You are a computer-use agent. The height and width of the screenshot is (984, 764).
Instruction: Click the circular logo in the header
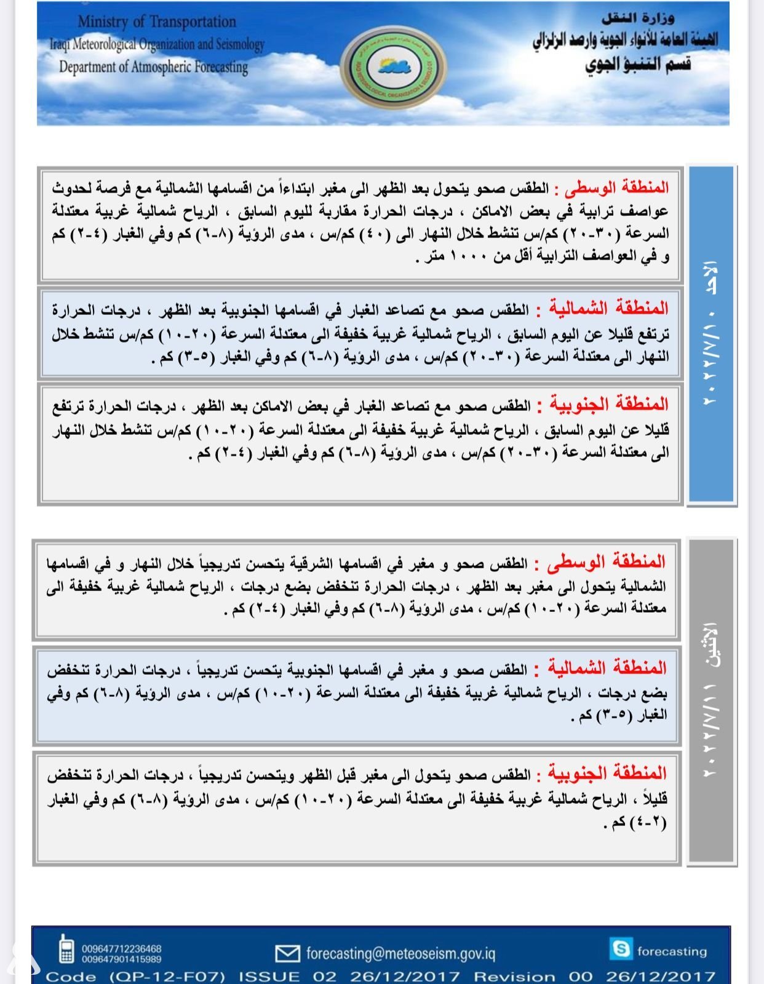393,65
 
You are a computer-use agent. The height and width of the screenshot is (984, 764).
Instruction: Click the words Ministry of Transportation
156,22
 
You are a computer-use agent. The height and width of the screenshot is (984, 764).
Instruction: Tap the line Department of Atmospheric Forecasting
153,66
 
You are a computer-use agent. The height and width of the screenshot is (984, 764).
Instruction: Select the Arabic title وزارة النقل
637,18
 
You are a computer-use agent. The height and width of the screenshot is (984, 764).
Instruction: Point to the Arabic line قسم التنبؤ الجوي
638,63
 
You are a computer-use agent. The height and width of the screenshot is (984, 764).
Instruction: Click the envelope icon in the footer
287,953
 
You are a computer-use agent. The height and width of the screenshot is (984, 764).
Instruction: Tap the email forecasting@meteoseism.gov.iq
400,953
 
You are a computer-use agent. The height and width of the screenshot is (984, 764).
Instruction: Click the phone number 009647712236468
121,949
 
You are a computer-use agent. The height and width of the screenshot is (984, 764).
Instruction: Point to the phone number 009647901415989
121,959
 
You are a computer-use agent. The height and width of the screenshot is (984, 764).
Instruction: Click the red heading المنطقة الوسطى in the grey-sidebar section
606,561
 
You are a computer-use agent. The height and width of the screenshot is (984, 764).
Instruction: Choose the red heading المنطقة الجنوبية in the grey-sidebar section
607,772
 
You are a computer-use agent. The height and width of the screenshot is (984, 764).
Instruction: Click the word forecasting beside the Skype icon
672,951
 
